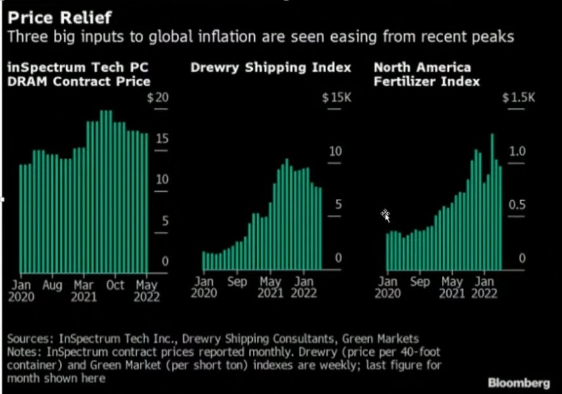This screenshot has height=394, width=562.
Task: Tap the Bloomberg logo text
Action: (x=519, y=383)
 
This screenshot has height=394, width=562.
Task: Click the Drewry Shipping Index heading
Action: (x=271, y=67)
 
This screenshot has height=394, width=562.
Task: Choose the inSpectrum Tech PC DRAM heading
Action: (x=79, y=74)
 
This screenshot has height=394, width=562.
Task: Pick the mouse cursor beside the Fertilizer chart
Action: (x=385, y=216)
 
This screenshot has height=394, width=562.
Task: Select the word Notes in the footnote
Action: (x=25, y=352)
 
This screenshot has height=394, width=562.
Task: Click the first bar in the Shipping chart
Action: (x=205, y=261)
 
